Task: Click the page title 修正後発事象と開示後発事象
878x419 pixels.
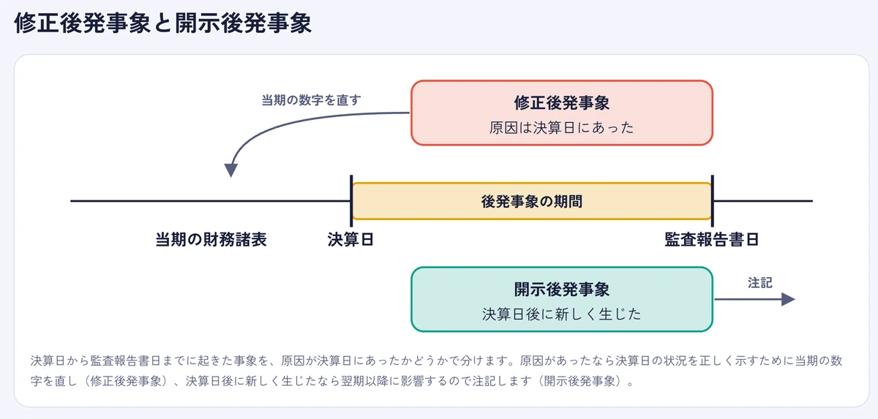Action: click(x=162, y=23)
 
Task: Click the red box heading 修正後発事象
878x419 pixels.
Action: click(x=562, y=103)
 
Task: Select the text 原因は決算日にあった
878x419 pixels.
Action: click(x=562, y=128)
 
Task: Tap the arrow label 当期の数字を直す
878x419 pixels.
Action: click(x=311, y=100)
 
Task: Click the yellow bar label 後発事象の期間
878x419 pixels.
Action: click(x=532, y=201)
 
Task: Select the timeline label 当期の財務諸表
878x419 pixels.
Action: click(x=211, y=239)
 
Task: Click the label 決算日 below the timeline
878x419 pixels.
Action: click(x=350, y=239)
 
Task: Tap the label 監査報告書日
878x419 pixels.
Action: click(x=712, y=239)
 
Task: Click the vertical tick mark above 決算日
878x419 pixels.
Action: click(x=351, y=201)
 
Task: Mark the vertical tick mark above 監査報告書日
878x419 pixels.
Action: click(x=712, y=201)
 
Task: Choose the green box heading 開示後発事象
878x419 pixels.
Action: click(x=562, y=290)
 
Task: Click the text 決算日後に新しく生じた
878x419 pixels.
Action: click(x=562, y=314)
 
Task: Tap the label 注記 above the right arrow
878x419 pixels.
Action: click(x=759, y=283)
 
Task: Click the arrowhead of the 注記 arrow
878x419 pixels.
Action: click(x=788, y=299)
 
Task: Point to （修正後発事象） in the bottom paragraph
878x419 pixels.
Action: click(x=125, y=381)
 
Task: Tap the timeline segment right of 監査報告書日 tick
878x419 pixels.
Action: click(x=763, y=201)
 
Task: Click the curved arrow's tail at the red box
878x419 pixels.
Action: click(x=409, y=113)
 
